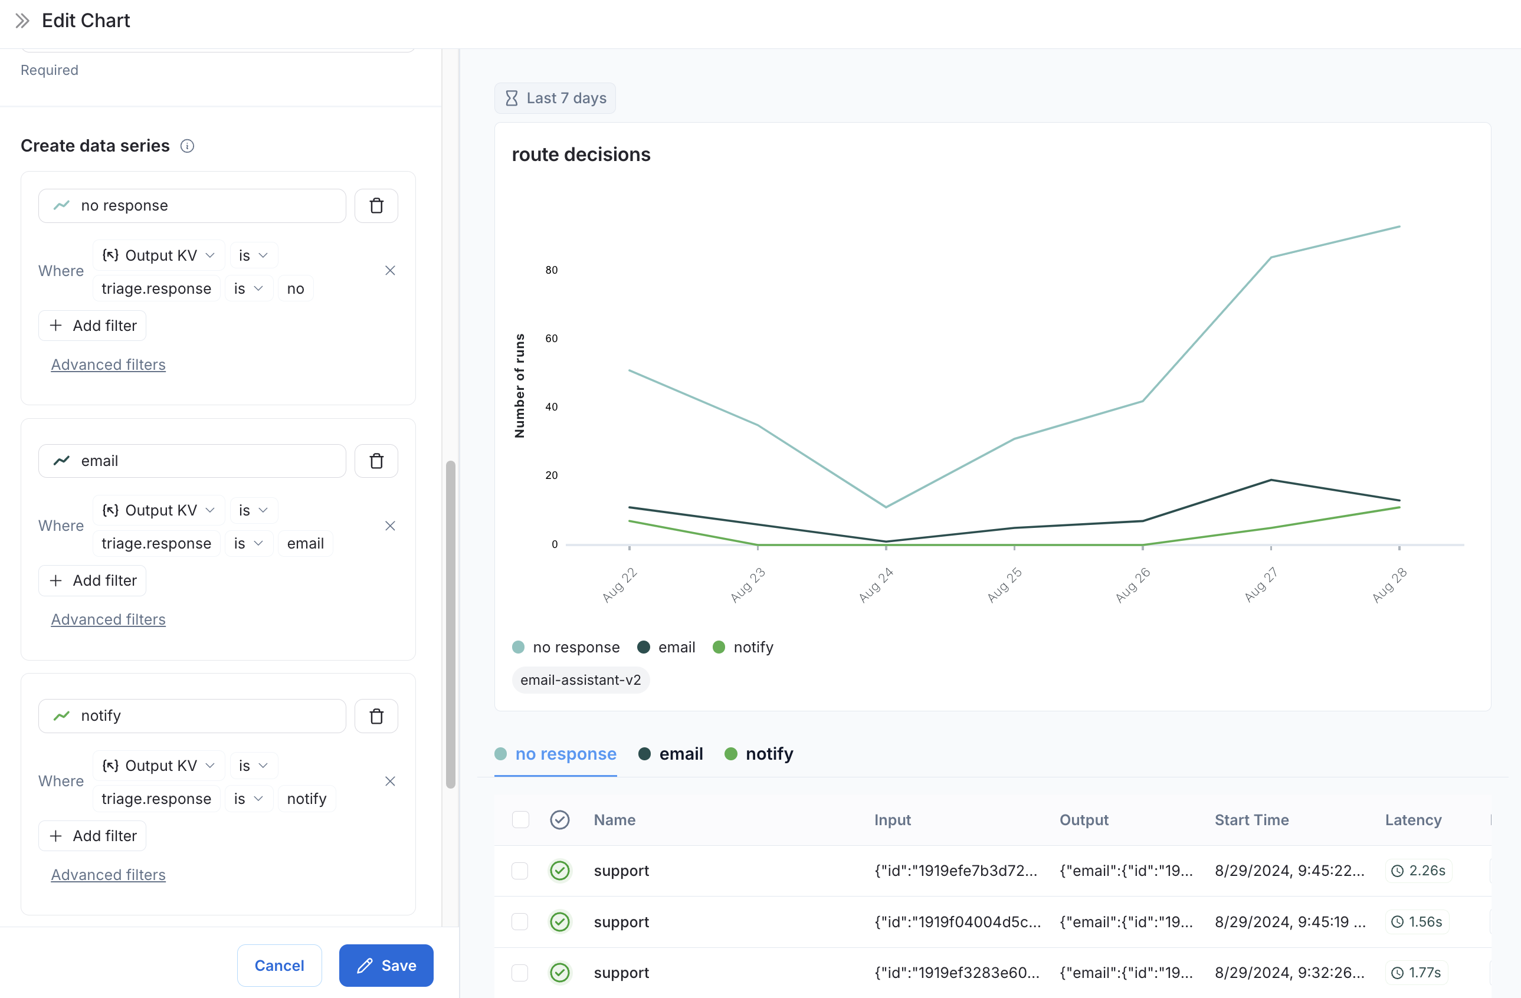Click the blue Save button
click(x=386, y=966)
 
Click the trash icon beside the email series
click(x=376, y=461)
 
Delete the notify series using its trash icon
click(x=376, y=715)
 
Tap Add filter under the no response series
click(x=93, y=326)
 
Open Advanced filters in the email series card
click(x=108, y=619)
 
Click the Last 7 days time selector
click(x=555, y=99)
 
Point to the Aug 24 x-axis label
click(x=876, y=585)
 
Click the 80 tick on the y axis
click(x=551, y=270)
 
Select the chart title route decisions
click(x=581, y=155)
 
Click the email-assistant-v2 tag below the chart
click(x=581, y=680)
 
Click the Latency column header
click(x=1412, y=820)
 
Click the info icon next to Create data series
click(x=187, y=146)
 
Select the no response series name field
click(x=192, y=206)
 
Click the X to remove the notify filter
click(x=390, y=782)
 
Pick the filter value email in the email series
click(x=306, y=544)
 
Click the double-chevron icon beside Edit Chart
click(x=22, y=21)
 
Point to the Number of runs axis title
click(x=520, y=385)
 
